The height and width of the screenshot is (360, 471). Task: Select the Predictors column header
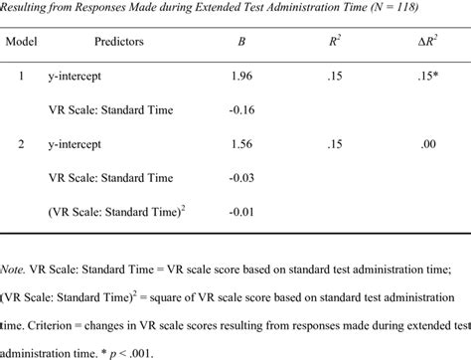click(x=120, y=43)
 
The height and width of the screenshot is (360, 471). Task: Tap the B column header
click(x=241, y=43)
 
